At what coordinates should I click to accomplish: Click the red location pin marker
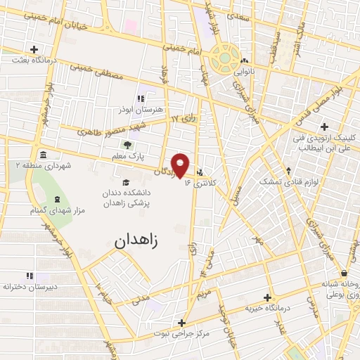coord(181,165)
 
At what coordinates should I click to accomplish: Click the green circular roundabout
coord(226,58)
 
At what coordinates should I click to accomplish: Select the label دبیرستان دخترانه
coord(30,287)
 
